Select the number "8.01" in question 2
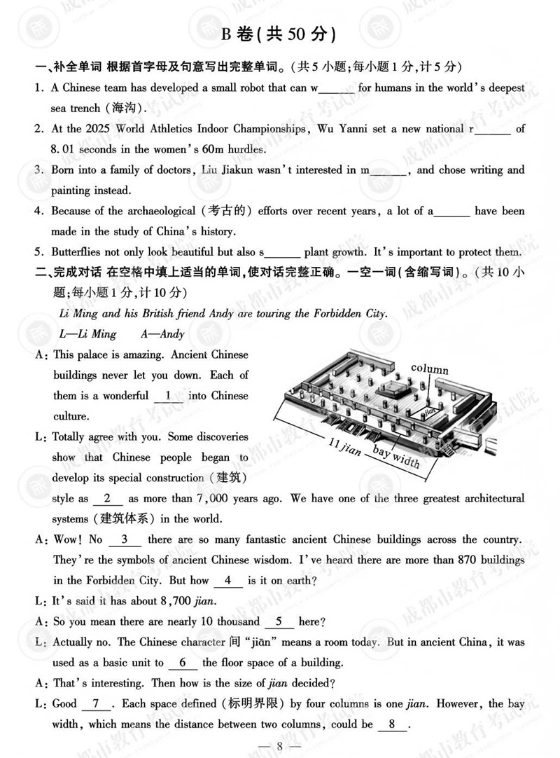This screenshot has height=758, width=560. tap(66, 149)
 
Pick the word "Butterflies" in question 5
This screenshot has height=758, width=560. tap(78, 251)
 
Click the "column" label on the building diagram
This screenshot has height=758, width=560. tap(429, 369)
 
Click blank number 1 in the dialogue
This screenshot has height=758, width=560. tap(167, 396)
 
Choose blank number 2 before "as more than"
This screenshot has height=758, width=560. tap(107, 499)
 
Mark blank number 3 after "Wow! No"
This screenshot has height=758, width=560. tap(125, 539)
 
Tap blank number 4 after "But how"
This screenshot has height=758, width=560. tap(227, 581)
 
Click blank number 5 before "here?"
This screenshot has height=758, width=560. tap(279, 621)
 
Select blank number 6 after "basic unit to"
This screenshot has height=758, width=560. tap(183, 663)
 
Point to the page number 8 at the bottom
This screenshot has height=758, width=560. tap(279, 745)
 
